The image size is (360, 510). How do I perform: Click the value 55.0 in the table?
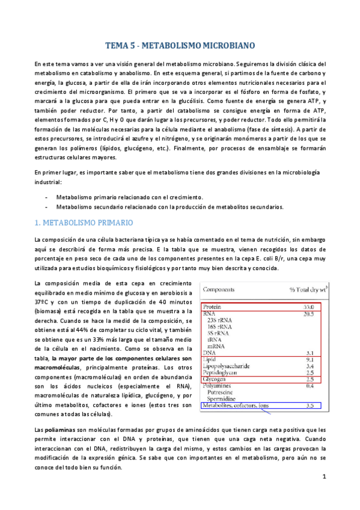coord(310,307)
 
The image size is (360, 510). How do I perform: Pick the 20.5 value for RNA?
coord(310,314)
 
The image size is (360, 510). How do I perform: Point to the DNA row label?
coord(211,352)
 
